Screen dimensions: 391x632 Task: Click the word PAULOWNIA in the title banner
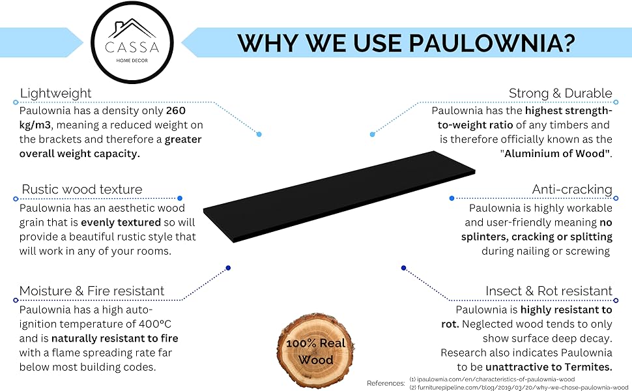(491, 43)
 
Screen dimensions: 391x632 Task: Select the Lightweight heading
(55, 93)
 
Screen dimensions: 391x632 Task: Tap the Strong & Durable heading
(560, 93)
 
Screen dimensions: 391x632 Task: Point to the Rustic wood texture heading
(82, 190)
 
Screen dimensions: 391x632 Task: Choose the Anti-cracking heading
(572, 190)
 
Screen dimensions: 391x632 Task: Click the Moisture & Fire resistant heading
(92, 291)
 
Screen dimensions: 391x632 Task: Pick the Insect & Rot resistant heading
(549, 291)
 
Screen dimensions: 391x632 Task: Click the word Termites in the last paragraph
(588, 367)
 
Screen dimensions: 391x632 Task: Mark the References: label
(386, 383)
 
